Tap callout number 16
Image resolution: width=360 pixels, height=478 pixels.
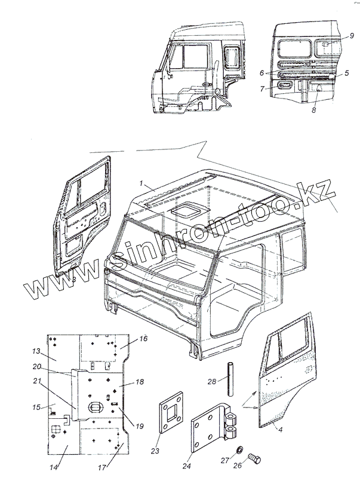(143, 339)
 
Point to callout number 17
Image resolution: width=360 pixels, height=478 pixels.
(103, 467)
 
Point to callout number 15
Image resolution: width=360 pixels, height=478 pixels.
(36, 407)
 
